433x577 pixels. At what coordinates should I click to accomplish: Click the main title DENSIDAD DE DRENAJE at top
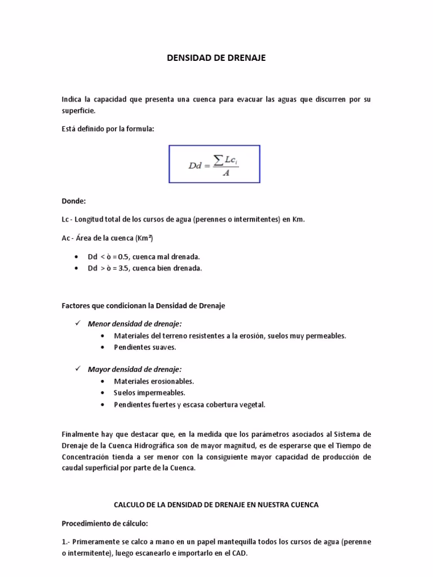tap(216, 57)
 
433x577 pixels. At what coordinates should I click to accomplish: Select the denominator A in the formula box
tap(226, 173)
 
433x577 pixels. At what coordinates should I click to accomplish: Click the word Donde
tap(73, 201)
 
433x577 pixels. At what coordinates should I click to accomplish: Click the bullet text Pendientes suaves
tap(145, 347)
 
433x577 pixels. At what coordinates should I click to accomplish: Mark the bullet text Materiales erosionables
tap(154, 381)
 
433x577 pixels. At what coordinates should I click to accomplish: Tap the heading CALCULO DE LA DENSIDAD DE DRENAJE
tap(216, 505)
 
